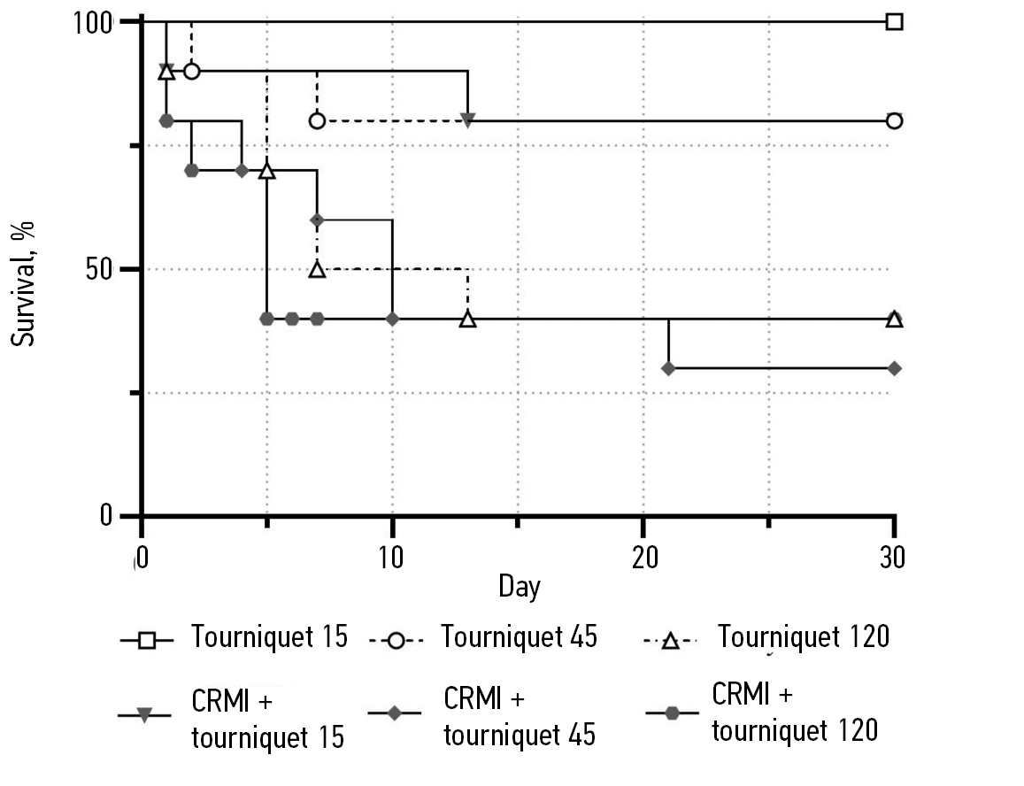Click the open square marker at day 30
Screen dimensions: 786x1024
click(x=895, y=21)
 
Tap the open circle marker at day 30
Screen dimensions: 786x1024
click(x=895, y=120)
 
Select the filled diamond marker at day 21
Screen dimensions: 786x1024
click(x=668, y=368)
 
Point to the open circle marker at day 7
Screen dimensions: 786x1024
click(x=317, y=120)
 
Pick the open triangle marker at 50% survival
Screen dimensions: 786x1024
click(x=317, y=269)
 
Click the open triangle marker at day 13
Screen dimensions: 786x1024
click(x=468, y=319)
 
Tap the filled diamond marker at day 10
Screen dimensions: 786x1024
click(x=392, y=319)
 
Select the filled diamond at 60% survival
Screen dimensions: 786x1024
click(x=317, y=220)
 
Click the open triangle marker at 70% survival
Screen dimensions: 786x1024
click(x=266, y=170)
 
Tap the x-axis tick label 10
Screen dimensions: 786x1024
click(x=391, y=557)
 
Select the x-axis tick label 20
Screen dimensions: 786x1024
click(x=643, y=557)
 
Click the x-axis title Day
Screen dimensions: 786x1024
click(x=519, y=586)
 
